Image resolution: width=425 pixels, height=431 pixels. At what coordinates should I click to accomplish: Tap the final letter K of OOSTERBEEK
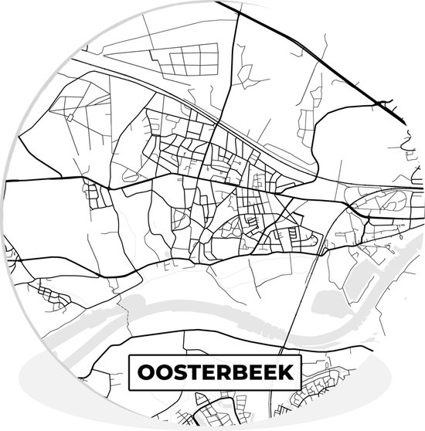tap(287, 372)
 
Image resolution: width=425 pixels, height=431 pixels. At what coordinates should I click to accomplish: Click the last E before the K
tap(271, 372)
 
